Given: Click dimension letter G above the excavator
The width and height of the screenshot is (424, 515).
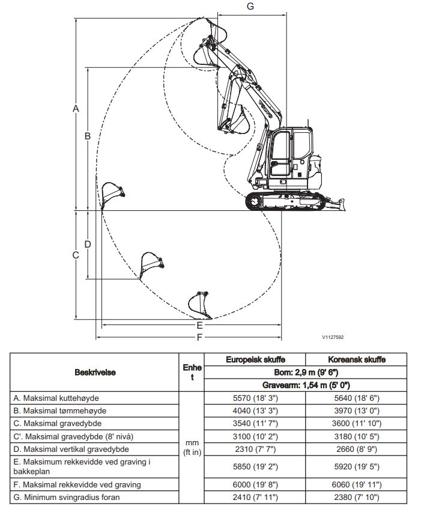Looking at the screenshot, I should pyautogui.click(x=250, y=6).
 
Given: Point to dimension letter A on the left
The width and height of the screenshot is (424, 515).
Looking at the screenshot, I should pyautogui.click(x=76, y=109).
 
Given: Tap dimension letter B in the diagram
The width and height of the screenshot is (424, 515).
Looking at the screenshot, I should pyautogui.click(x=87, y=136).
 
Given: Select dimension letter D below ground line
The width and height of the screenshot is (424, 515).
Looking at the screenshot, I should pyautogui.click(x=87, y=245).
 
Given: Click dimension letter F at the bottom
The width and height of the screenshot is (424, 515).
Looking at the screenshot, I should pyautogui.click(x=199, y=338).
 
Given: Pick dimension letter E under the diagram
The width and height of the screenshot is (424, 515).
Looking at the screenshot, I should pyautogui.click(x=199, y=325).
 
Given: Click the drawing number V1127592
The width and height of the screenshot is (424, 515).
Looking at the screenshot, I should pyautogui.click(x=332, y=338).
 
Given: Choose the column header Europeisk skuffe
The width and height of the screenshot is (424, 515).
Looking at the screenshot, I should pyautogui.click(x=255, y=359).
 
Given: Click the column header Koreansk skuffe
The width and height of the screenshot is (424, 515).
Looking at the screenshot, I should pyautogui.click(x=360, y=359).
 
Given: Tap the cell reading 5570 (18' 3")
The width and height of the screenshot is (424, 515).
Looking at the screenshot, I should pyautogui.click(x=255, y=398).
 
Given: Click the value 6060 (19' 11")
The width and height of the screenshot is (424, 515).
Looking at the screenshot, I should pyautogui.click(x=360, y=484).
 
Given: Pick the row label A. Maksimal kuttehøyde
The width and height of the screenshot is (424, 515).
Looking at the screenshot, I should pyautogui.click(x=56, y=398).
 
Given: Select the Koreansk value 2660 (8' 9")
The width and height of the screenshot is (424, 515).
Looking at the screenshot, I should pyautogui.click(x=360, y=448).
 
